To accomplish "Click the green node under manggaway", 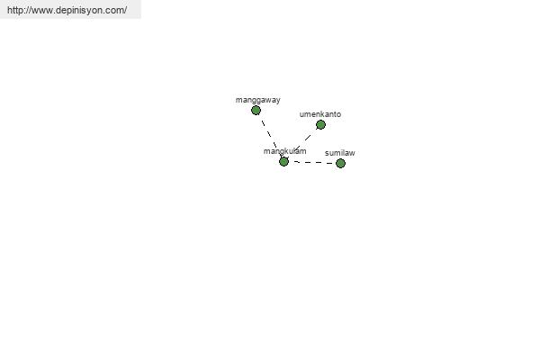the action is click(256, 110).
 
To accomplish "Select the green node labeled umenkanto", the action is click(320, 125).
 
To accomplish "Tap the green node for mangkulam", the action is click(283, 161).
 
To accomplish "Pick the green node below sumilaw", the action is click(340, 163).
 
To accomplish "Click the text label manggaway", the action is click(258, 100).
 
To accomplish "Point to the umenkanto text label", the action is click(320, 114).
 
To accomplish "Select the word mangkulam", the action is click(284, 151).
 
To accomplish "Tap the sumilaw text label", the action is click(340, 153).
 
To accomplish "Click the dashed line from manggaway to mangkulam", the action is click(270, 136).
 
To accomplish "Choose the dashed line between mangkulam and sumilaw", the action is click(312, 162).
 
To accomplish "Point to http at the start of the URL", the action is click(14, 10).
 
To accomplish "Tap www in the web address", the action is click(42, 11).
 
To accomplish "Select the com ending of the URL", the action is click(116, 11).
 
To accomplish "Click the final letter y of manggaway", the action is click(278, 101).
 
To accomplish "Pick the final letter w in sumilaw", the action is click(352, 153).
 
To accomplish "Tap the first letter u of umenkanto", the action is click(301, 114).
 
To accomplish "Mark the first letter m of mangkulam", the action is click(266, 151).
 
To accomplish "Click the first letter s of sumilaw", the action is click(327, 153).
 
